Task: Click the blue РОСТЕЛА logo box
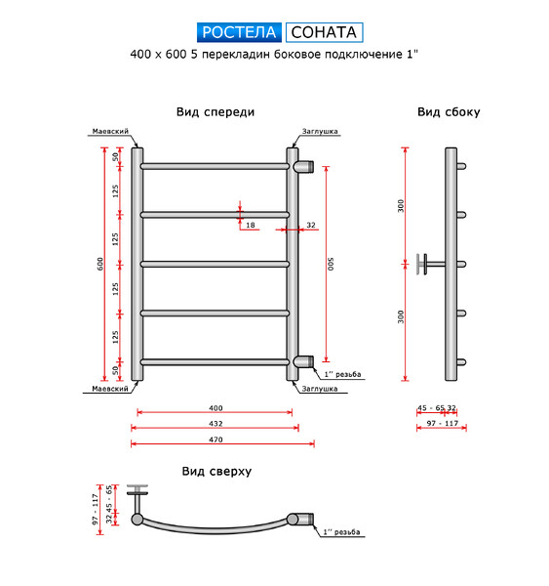pos(239,32)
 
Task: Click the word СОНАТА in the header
pos(324,32)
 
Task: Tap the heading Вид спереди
pos(216,112)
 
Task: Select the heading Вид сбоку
pos(449,112)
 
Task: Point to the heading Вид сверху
pos(216,472)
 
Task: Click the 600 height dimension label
pos(100,265)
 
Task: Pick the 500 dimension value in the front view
pos(331,265)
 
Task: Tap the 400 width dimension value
pos(216,408)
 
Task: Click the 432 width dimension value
pos(216,424)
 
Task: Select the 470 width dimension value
pos(216,439)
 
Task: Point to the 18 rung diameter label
pos(251,225)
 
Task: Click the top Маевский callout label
pos(110,131)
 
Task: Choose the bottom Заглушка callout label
pos(320,389)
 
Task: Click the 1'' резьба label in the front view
pos(342,374)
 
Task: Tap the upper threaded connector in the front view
pos(303,166)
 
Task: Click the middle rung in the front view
pos(215,265)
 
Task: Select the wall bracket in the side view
pos(431,265)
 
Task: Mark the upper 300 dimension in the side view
pos(401,206)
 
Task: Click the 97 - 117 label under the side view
pos(443,423)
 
